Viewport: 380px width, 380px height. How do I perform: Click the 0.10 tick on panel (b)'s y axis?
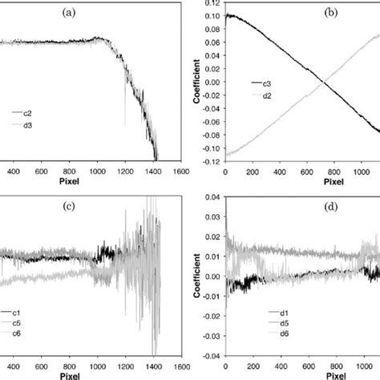(x=210, y=16)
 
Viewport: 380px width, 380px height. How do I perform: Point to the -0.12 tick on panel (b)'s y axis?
(x=208, y=162)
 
